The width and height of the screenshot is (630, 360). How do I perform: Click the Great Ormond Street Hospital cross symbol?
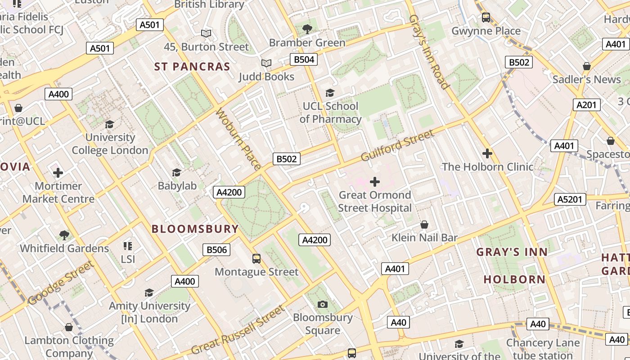[x=374, y=182]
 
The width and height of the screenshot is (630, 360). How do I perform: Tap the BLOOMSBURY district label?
[x=195, y=229]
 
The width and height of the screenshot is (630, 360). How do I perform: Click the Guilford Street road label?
[x=397, y=145]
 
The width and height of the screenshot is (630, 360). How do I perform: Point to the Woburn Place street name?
[x=238, y=139]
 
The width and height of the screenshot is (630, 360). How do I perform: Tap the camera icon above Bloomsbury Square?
[x=322, y=305]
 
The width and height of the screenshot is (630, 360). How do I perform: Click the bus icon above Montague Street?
[x=256, y=259]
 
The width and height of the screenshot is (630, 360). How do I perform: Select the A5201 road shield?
[x=570, y=199]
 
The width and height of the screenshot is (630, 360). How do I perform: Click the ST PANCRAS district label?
[x=192, y=67]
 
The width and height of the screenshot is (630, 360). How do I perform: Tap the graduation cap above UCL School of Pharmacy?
[x=330, y=93]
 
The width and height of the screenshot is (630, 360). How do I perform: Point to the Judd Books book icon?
[x=266, y=63]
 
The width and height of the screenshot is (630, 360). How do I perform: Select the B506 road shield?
[x=216, y=250]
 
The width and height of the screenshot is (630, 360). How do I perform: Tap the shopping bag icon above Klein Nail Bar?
[x=424, y=225]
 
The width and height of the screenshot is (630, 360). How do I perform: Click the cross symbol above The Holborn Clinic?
[x=487, y=153]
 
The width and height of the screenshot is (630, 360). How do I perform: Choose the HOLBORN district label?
[x=514, y=279]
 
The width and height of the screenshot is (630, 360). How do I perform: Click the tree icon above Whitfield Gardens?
[x=64, y=235]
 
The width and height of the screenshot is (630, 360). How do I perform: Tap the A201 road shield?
[x=587, y=105]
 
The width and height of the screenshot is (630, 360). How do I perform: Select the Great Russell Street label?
[x=238, y=330]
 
